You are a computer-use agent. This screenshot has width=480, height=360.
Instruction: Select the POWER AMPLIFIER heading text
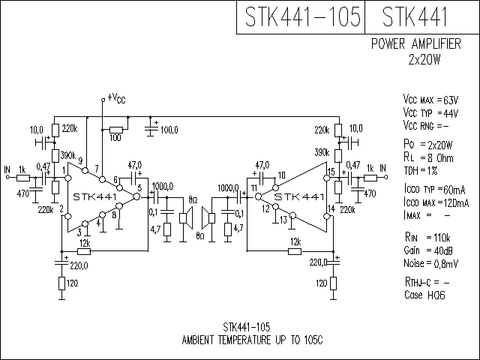[x=416, y=43]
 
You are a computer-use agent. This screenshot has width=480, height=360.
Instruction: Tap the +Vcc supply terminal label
[x=117, y=98]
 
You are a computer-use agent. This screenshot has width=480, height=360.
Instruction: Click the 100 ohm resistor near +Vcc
[x=116, y=130]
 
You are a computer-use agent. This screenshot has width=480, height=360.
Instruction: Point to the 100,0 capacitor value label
[x=169, y=130]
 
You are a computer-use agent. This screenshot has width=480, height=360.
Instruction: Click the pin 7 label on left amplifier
[x=97, y=169]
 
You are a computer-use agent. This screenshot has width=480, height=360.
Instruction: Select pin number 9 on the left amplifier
[x=80, y=160]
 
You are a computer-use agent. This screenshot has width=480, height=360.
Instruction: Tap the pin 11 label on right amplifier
[x=253, y=188]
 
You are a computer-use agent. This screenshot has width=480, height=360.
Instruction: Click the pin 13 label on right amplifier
[x=283, y=220]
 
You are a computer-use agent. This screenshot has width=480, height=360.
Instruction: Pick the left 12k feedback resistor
[x=84, y=252]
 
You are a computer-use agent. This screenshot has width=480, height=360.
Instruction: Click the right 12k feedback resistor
[x=295, y=252]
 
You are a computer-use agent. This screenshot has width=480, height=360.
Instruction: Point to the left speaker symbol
[x=186, y=218]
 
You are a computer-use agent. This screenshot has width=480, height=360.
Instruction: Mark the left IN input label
[x=7, y=169]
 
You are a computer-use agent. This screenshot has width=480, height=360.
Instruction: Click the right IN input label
[x=382, y=168]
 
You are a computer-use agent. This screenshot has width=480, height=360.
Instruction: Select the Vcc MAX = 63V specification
[x=430, y=100]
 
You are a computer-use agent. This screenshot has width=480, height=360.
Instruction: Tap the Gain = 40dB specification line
[x=428, y=250]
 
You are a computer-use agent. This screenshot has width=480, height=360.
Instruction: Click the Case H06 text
[x=424, y=295]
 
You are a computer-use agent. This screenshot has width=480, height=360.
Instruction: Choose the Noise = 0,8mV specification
[x=430, y=263]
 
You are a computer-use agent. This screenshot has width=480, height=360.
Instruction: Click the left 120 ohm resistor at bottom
[x=61, y=283]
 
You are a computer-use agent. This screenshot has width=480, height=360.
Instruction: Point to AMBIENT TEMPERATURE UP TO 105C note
[x=252, y=340]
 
